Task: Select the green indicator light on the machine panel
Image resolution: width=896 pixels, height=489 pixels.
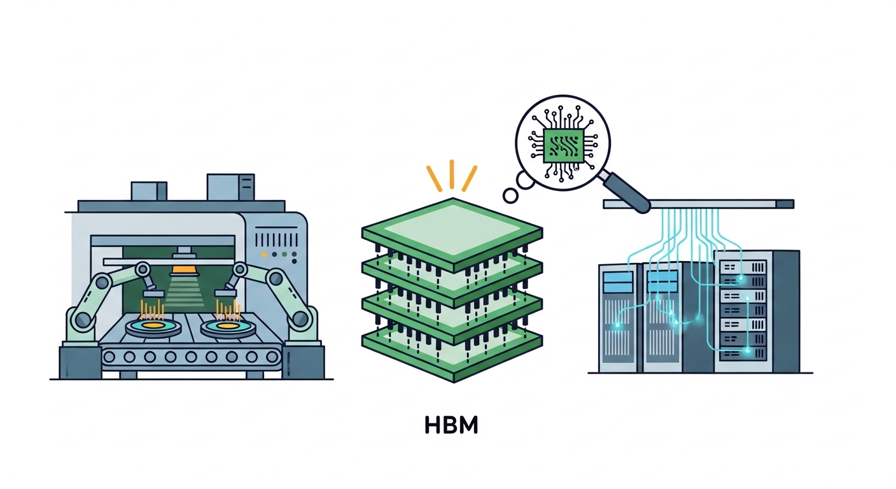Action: click(x=293, y=255)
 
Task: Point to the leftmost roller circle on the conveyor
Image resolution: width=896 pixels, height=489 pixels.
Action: click(x=116, y=356)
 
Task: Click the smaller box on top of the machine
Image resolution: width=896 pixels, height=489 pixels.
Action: click(x=149, y=191)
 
